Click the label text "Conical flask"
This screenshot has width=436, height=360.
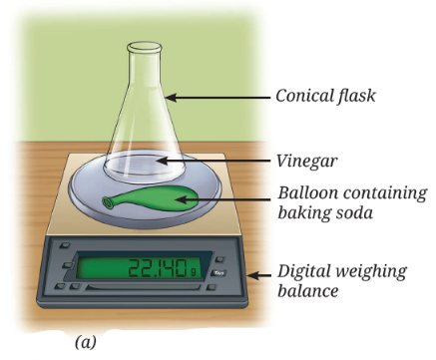pyautogui.click(x=325, y=96)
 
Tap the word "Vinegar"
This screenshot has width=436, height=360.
pyautogui.click(x=306, y=162)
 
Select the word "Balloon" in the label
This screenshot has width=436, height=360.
pyautogui.click(x=307, y=192)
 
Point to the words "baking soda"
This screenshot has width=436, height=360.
pyautogui.click(x=325, y=212)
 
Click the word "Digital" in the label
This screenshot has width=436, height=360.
pyautogui.click(x=306, y=272)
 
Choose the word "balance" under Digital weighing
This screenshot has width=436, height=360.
pyautogui.click(x=308, y=291)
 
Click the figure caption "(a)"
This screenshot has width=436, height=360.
pyautogui.click(x=86, y=342)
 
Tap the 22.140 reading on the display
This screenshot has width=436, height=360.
pyautogui.click(x=158, y=268)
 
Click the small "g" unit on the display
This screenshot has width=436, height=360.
pyautogui.click(x=193, y=272)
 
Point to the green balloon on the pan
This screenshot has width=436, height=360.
pyautogui.click(x=152, y=198)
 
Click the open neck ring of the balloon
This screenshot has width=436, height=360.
pyautogui.click(x=108, y=202)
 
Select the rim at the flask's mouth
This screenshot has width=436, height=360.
pyautogui.click(x=145, y=47)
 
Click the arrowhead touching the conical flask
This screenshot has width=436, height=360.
pyautogui.click(x=171, y=98)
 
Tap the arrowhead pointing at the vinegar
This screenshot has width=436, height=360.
pyautogui.click(x=162, y=161)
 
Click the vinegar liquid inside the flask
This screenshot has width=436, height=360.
pyautogui.click(x=143, y=166)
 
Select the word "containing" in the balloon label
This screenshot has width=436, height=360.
pyautogui.click(x=385, y=194)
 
